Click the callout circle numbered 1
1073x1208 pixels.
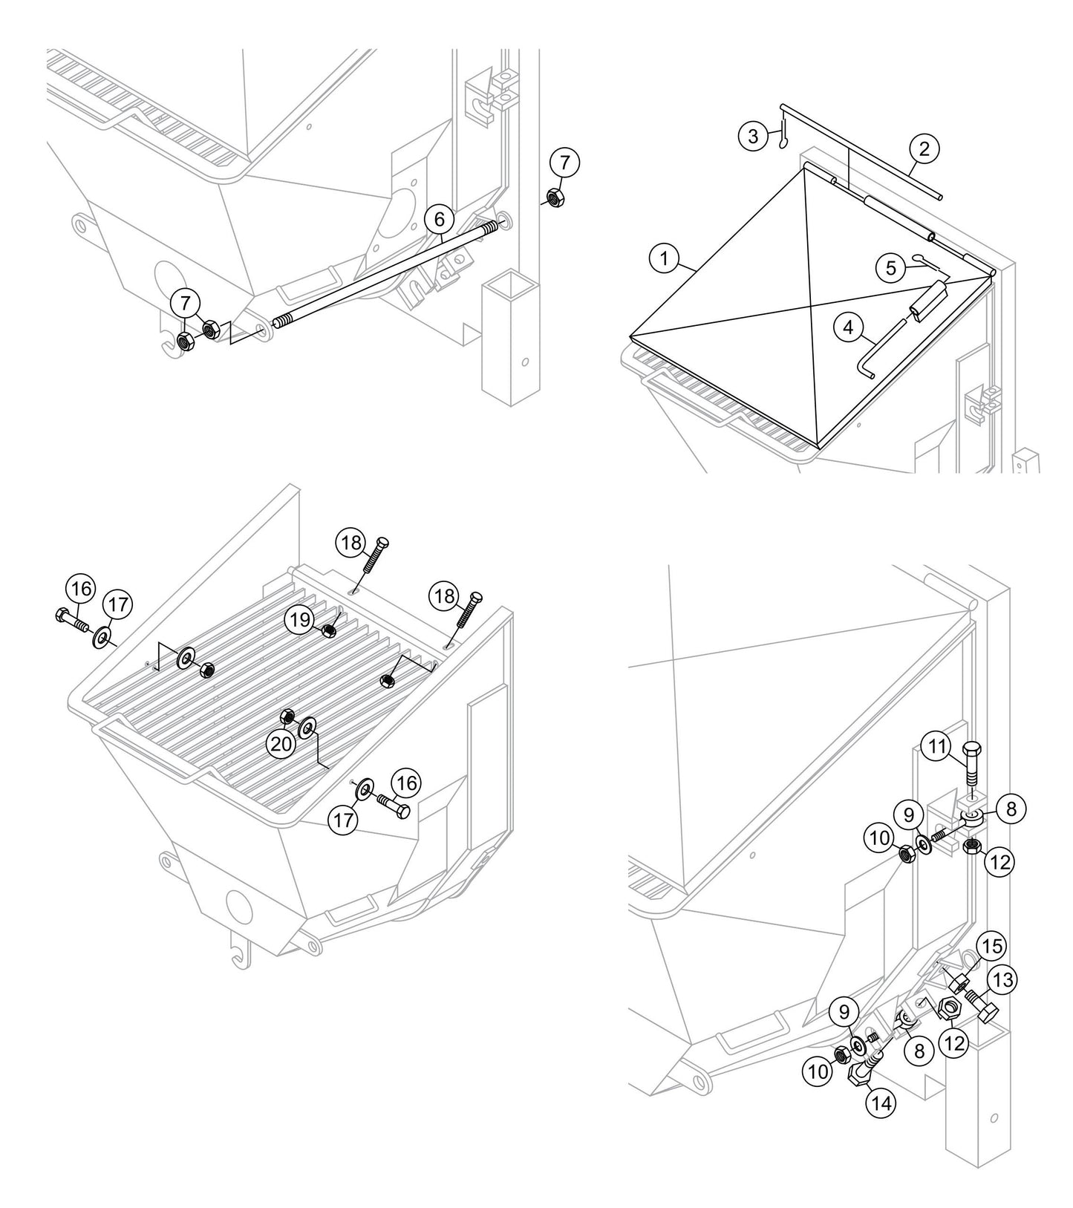[665, 259]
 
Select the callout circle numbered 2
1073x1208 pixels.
[923, 148]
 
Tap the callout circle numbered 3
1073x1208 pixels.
[754, 136]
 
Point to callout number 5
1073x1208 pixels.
[891, 267]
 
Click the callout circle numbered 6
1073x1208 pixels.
[440, 219]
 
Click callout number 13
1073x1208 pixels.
[1001, 981]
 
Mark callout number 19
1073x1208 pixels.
[300, 621]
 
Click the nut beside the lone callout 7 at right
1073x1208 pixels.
[553, 197]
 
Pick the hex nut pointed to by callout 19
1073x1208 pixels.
[327, 631]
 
